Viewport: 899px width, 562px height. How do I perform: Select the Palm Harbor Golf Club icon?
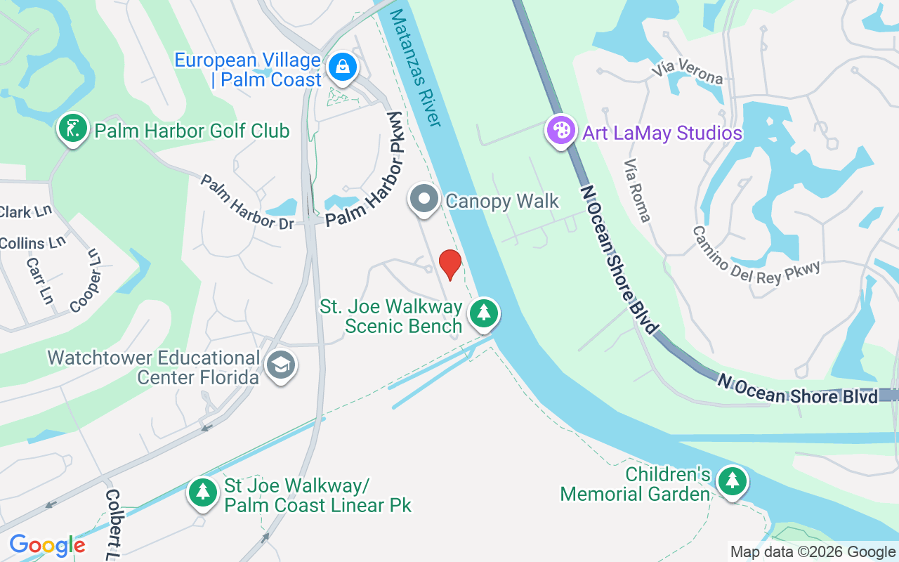point(72,129)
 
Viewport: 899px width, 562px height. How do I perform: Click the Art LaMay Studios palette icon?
point(561,131)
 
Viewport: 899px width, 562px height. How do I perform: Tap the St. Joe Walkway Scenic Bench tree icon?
point(483,313)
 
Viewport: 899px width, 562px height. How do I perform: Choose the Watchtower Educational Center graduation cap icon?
point(281,365)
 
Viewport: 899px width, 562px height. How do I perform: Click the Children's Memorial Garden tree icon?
point(733,481)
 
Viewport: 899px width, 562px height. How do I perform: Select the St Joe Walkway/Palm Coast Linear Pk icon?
point(203,492)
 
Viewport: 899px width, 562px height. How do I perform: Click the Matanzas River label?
point(415,67)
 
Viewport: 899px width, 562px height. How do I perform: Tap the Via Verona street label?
point(688,72)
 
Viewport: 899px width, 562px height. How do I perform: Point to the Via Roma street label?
point(637,190)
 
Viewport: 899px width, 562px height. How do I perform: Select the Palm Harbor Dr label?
point(247,202)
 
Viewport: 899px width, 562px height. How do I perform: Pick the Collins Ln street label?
point(32,244)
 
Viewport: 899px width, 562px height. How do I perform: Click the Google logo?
point(47,545)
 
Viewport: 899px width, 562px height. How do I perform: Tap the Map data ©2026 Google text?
point(813,552)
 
